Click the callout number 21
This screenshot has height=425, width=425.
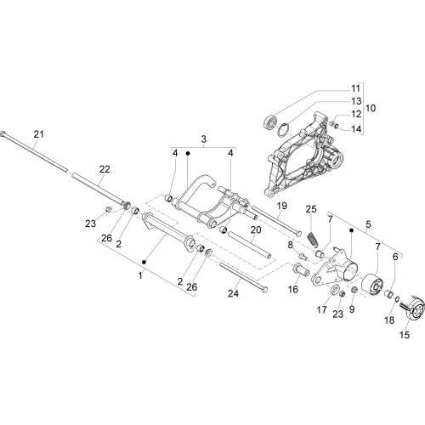(x=39, y=134)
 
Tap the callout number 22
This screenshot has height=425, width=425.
(x=105, y=169)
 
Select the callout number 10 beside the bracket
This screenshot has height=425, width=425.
(x=371, y=108)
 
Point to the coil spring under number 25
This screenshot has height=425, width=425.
(x=313, y=238)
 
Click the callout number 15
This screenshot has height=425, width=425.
(x=405, y=335)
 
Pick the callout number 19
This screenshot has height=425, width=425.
(x=282, y=206)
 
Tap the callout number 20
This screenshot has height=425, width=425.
(x=256, y=229)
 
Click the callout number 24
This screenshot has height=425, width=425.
(x=234, y=294)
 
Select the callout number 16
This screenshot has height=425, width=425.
(x=293, y=289)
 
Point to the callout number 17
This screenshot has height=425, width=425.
(x=322, y=310)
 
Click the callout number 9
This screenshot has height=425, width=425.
(x=352, y=309)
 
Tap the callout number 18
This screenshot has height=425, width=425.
(x=389, y=320)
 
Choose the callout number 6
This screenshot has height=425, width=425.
(x=395, y=257)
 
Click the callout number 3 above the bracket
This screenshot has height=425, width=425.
(x=204, y=139)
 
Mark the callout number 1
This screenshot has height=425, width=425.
(x=140, y=275)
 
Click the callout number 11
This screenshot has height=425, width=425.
(x=355, y=88)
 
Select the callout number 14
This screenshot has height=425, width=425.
(x=356, y=129)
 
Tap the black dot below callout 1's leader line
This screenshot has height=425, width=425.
(x=144, y=262)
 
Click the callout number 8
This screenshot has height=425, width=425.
(x=290, y=245)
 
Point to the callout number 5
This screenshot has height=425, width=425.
(x=368, y=224)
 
